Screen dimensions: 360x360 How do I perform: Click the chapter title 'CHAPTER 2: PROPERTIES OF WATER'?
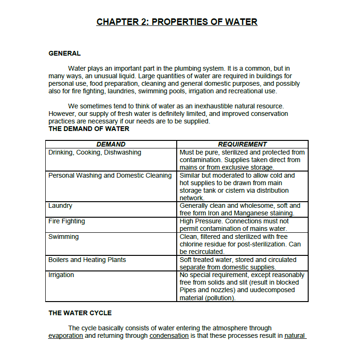177,22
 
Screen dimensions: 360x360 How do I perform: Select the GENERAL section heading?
65,53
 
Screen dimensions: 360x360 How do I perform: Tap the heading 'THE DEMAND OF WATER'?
89,129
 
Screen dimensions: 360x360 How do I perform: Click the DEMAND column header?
111,144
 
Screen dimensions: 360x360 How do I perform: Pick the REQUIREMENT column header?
242,144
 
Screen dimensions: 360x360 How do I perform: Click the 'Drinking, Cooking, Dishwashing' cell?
95,152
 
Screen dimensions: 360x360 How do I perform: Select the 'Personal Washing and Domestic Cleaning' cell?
110,175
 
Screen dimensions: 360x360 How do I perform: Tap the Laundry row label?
60,205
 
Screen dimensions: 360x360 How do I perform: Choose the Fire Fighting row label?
66,221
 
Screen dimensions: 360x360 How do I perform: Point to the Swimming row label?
64,237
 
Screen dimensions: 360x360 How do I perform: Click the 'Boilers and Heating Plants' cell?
87,260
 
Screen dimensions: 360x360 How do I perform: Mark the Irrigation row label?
61,275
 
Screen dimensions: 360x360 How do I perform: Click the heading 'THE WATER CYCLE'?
80,313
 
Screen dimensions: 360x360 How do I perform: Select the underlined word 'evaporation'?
65,336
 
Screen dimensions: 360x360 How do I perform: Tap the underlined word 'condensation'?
169,336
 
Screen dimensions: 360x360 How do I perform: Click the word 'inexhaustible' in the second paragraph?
207,106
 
